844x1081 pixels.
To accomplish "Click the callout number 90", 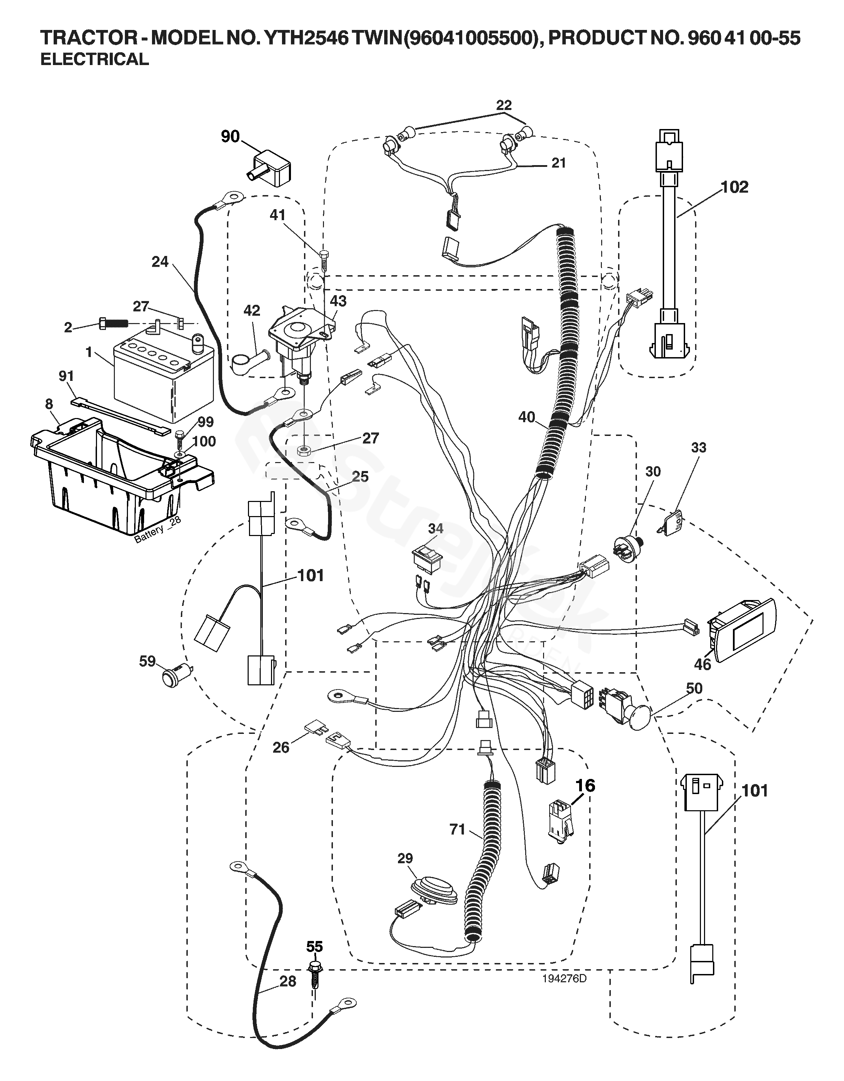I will tap(230, 137).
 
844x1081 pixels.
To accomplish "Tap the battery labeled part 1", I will tap(151, 379).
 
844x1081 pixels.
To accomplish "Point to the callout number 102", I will tap(735, 187).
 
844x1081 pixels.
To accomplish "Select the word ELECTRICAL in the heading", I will tap(94, 60).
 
